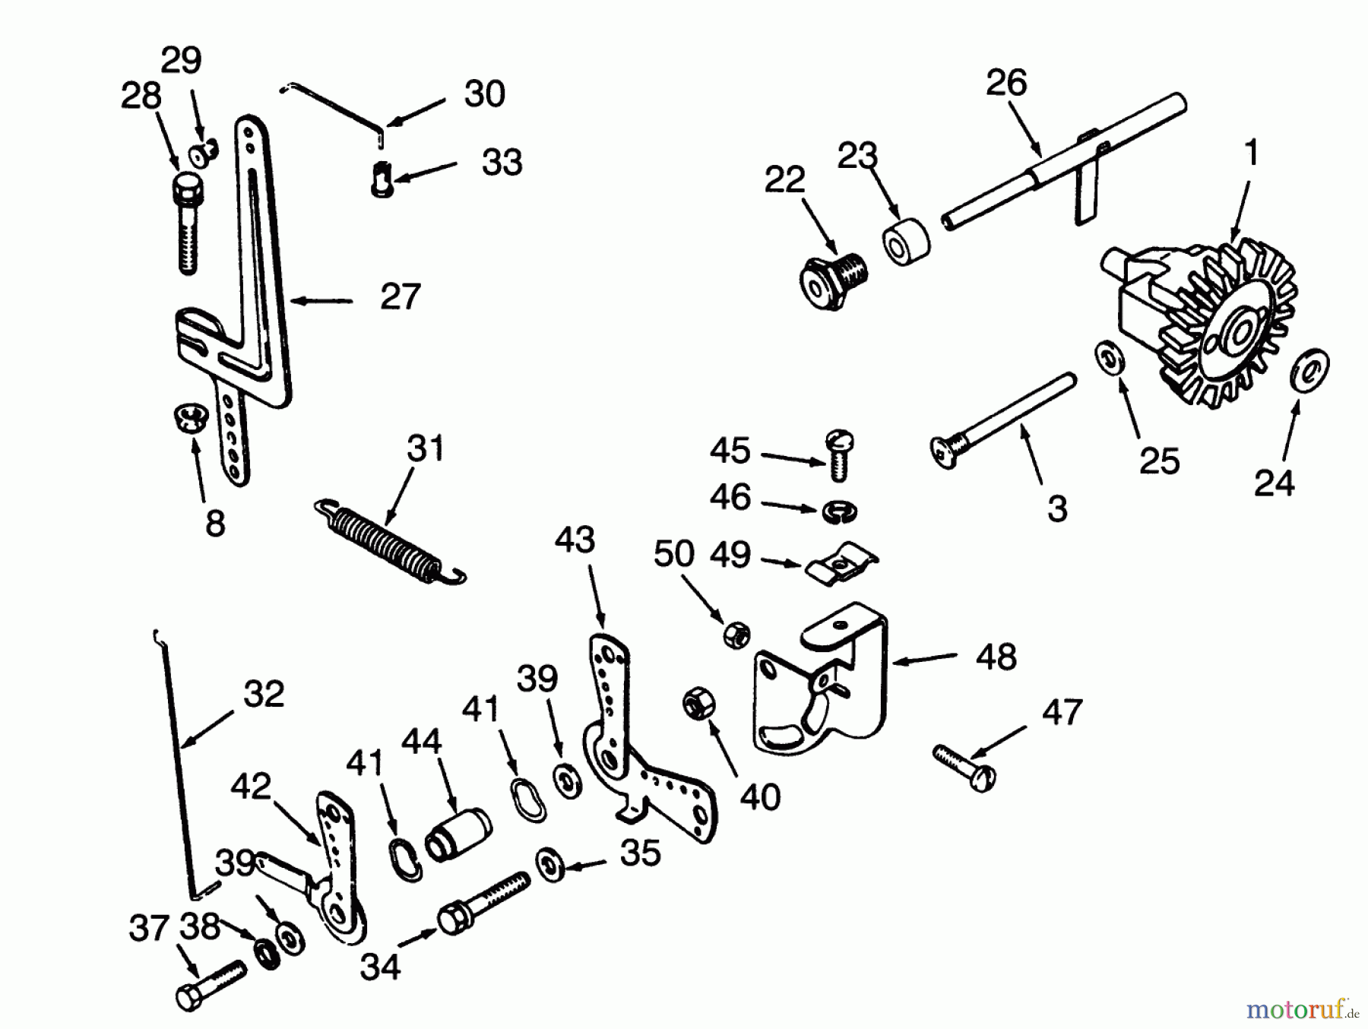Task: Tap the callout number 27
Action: click(401, 297)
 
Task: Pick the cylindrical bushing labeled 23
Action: click(906, 241)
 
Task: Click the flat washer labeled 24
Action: click(1310, 370)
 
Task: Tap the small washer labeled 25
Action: click(1109, 358)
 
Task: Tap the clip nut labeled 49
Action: click(840, 563)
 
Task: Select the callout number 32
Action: click(264, 694)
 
